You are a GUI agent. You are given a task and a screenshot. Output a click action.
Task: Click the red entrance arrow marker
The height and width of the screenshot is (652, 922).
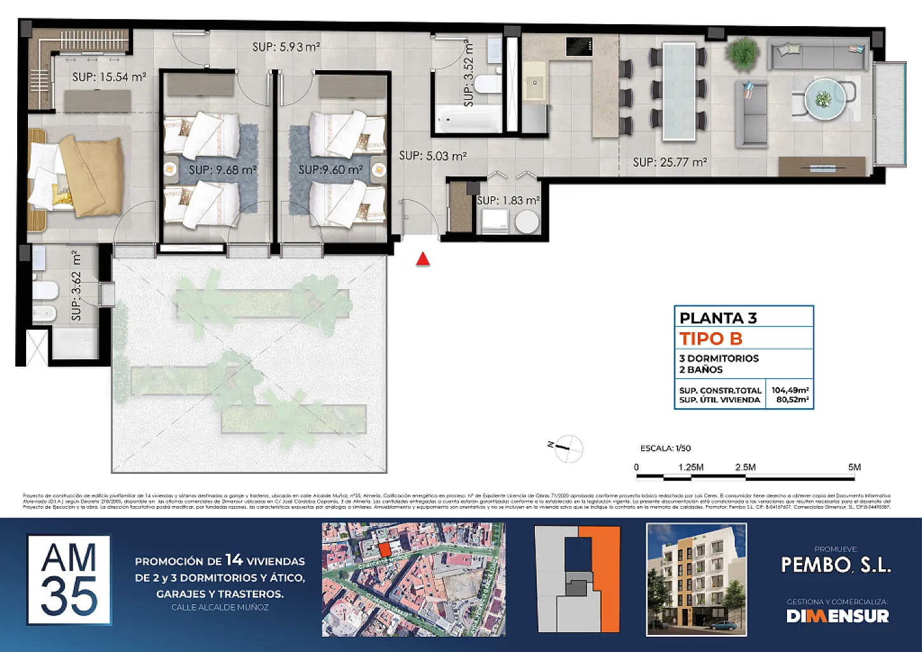click(423, 259)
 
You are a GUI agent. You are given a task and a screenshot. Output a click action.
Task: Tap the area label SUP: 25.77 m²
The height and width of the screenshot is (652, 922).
click(670, 162)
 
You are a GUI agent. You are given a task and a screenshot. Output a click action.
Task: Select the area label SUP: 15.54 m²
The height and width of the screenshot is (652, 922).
click(109, 77)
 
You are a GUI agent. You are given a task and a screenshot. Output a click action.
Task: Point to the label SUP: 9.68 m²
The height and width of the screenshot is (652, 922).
click(223, 171)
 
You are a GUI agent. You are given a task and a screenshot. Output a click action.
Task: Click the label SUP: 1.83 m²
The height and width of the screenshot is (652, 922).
click(508, 200)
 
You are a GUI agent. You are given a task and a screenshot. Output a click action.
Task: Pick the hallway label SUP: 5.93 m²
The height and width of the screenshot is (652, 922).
click(286, 46)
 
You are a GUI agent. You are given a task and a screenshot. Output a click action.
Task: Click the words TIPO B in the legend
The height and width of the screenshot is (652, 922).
click(711, 339)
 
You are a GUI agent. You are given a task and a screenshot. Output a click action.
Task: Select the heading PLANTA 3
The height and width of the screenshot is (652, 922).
click(718, 318)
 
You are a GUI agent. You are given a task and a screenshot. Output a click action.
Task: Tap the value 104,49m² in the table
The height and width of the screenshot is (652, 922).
click(790, 390)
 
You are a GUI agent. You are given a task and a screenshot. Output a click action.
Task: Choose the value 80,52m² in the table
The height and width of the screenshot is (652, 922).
click(792, 400)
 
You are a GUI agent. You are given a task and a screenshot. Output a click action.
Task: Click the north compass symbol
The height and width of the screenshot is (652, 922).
click(568, 448)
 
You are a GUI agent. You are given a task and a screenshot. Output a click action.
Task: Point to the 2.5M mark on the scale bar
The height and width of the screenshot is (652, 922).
click(745, 467)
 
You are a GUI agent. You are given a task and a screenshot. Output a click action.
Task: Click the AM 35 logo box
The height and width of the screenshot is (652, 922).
click(69, 579)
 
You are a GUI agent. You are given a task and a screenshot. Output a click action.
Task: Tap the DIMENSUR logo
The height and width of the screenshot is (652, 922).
click(837, 616)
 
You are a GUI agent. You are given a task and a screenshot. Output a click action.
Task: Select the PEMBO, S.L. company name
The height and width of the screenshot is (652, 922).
click(836, 565)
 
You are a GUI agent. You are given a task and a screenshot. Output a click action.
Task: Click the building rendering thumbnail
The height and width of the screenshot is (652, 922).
click(697, 579)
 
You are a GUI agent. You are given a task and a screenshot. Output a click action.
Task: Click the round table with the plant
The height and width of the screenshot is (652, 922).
click(825, 99)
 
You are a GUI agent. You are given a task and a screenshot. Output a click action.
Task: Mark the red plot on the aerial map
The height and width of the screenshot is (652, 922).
click(384, 549)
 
